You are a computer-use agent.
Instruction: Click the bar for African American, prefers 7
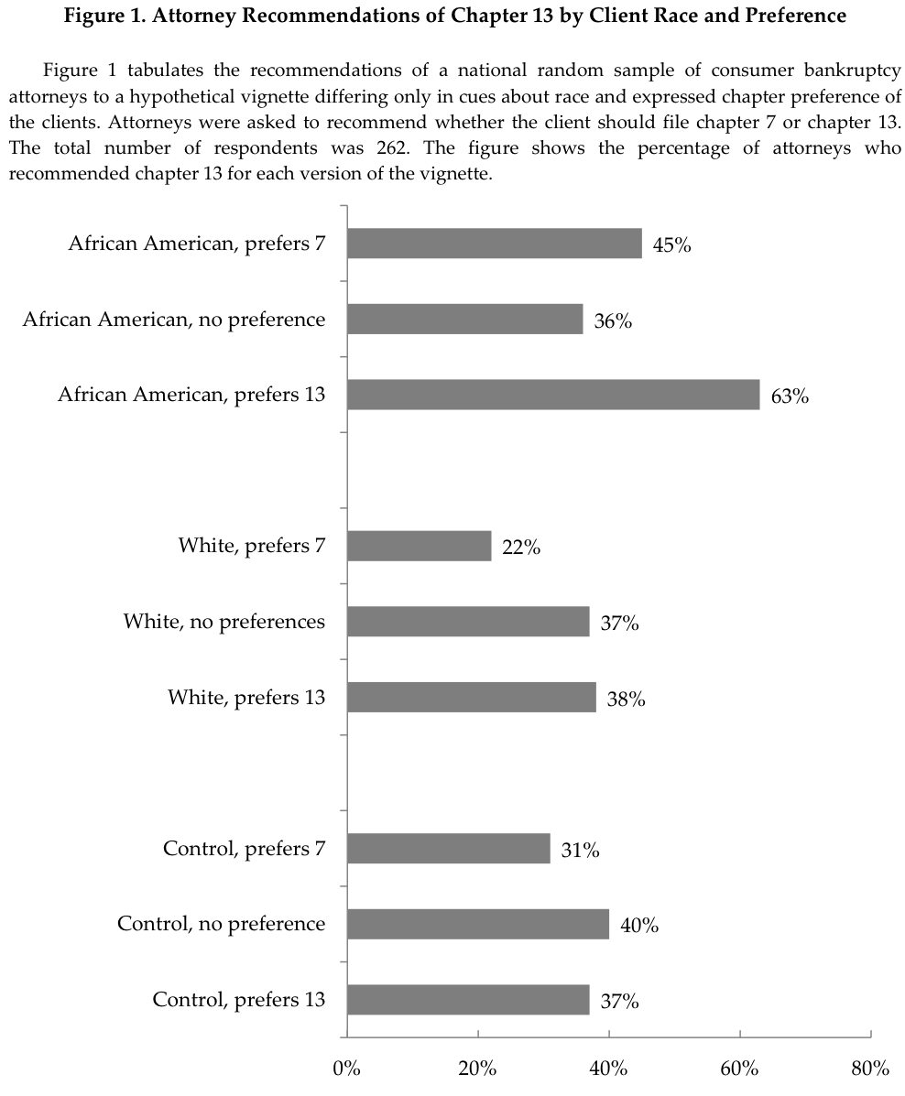click(494, 244)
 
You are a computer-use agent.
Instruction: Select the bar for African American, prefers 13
click(552, 395)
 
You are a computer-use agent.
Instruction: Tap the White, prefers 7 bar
click(419, 547)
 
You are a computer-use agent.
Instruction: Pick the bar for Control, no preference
click(477, 924)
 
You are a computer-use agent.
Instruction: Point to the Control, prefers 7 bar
click(448, 849)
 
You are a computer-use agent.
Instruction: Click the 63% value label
click(790, 396)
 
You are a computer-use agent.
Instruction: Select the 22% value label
click(521, 548)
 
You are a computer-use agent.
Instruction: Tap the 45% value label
click(671, 245)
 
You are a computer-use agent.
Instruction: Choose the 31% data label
click(581, 851)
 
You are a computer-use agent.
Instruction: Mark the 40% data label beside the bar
click(639, 926)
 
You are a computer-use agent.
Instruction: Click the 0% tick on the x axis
click(346, 1068)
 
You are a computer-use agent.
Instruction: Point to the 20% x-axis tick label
click(477, 1068)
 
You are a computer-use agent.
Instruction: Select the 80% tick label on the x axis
click(870, 1068)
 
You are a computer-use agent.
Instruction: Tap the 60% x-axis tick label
click(739, 1068)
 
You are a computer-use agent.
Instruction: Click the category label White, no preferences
click(224, 622)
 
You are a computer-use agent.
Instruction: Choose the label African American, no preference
click(174, 320)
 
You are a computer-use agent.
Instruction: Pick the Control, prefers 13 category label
click(239, 999)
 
